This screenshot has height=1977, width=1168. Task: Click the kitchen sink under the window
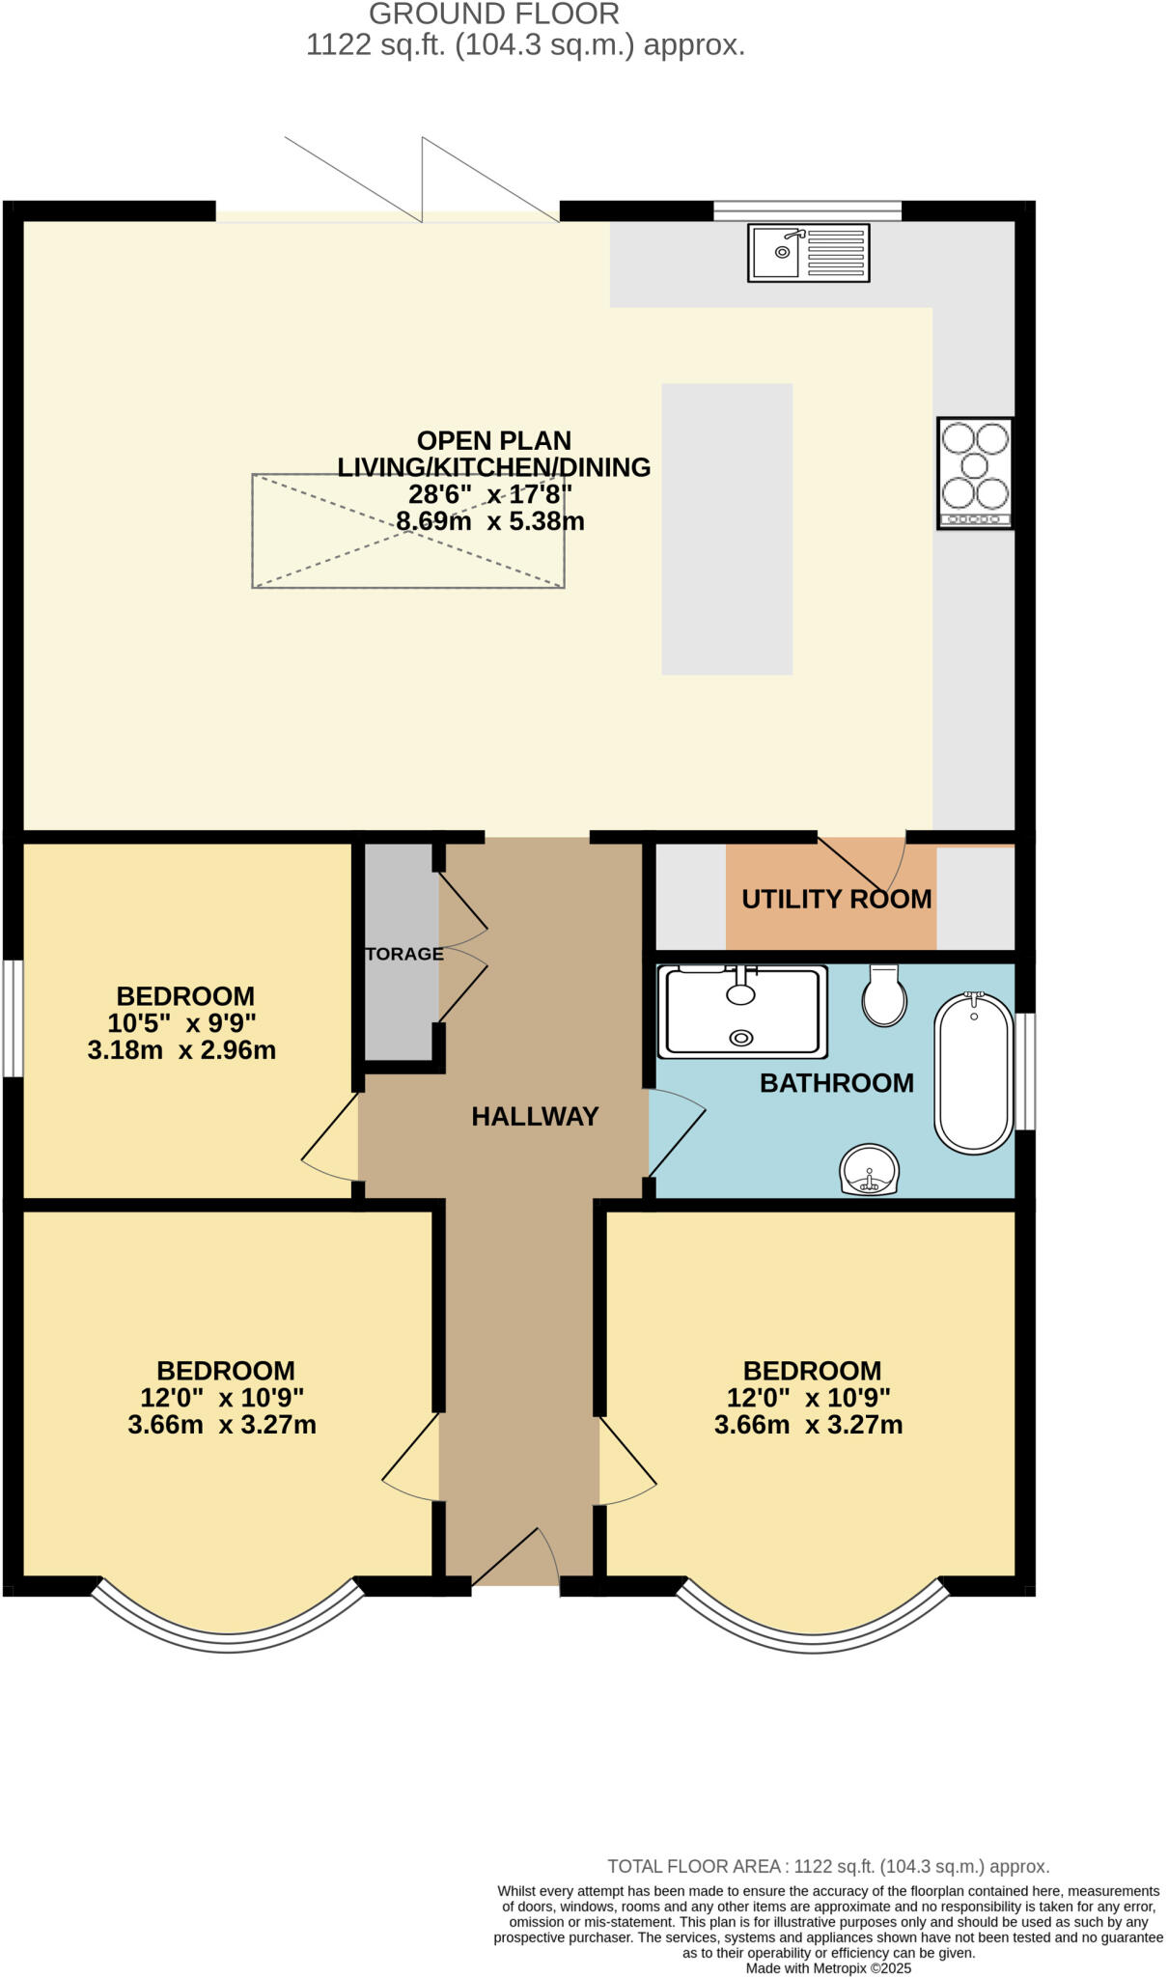[808, 253]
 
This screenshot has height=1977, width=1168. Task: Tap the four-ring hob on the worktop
[975, 472]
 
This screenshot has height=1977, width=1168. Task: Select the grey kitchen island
[726, 528]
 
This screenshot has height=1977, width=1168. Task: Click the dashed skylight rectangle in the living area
[407, 530]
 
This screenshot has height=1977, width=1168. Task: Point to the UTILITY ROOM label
[836, 899]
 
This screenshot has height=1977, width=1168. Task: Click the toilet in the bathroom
[883, 996]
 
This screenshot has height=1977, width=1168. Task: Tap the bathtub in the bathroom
[973, 1072]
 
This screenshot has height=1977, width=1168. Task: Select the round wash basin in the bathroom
[870, 1170]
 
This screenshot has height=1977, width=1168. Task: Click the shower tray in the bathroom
[741, 1012]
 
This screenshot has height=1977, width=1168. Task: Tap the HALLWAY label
[535, 1117]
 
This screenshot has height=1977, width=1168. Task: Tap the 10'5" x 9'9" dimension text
[181, 1023]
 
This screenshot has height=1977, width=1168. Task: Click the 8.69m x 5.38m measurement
[489, 522]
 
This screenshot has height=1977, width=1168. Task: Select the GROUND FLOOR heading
[493, 14]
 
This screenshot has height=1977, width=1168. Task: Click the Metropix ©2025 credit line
[827, 1968]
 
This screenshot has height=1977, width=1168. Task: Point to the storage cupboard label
[403, 954]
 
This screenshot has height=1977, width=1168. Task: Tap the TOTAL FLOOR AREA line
[827, 1867]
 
